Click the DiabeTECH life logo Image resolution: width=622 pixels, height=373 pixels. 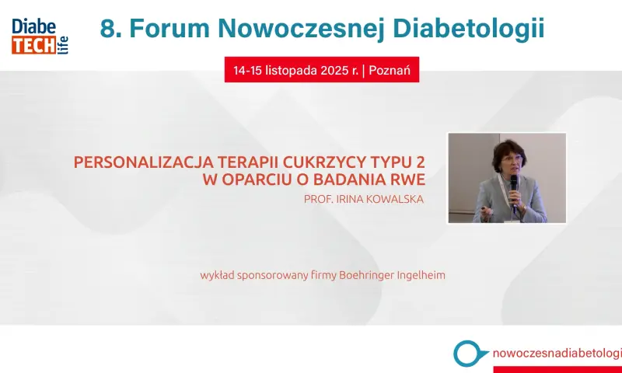pyautogui.click(x=40, y=36)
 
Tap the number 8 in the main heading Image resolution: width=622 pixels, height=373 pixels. pyautogui.click(x=107, y=29)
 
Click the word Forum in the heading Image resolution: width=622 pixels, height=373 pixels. pyautogui.click(x=169, y=29)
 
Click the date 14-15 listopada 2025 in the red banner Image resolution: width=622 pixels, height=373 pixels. pyautogui.click(x=295, y=71)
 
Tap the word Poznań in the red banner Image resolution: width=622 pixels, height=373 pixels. pyautogui.click(x=390, y=70)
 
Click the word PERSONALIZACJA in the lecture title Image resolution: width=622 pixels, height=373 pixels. pyautogui.click(x=144, y=162)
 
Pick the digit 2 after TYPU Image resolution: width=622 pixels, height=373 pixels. pyautogui.click(x=420, y=162)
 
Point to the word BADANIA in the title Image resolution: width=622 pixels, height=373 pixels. pyautogui.click(x=349, y=180)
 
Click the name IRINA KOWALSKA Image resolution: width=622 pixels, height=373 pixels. pyautogui.click(x=380, y=199)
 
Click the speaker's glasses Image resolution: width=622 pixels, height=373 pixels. pyautogui.click(x=510, y=159)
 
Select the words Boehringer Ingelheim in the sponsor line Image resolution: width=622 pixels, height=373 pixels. pyautogui.click(x=392, y=275)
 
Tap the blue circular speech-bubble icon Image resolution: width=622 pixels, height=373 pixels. pyautogui.click(x=470, y=353)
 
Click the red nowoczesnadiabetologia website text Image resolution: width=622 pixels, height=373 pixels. pyautogui.click(x=557, y=353)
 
